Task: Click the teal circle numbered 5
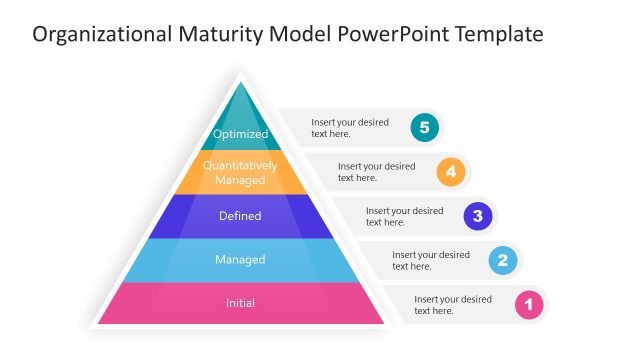pyautogui.click(x=425, y=127)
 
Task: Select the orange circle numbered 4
pyautogui.click(x=451, y=171)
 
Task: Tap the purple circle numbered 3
pyautogui.click(x=478, y=215)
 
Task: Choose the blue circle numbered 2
pyautogui.click(x=503, y=260)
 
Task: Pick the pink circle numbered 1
pyautogui.click(x=529, y=304)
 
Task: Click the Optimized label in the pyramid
pyautogui.click(x=241, y=133)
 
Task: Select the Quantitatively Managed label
pyautogui.click(x=240, y=172)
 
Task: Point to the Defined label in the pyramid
pyautogui.click(x=240, y=216)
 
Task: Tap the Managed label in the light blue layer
pyautogui.click(x=240, y=260)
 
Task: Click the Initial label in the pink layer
pyautogui.click(x=240, y=303)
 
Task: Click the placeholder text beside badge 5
pyautogui.click(x=349, y=127)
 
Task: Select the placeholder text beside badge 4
pyautogui.click(x=376, y=172)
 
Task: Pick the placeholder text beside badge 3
pyautogui.click(x=404, y=216)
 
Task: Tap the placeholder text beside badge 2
pyautogui.click(x=430, y=260)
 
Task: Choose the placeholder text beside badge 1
pyautogui.click(x=453, y=304)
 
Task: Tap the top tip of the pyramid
pyautogui.click(x=240, y=78)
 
